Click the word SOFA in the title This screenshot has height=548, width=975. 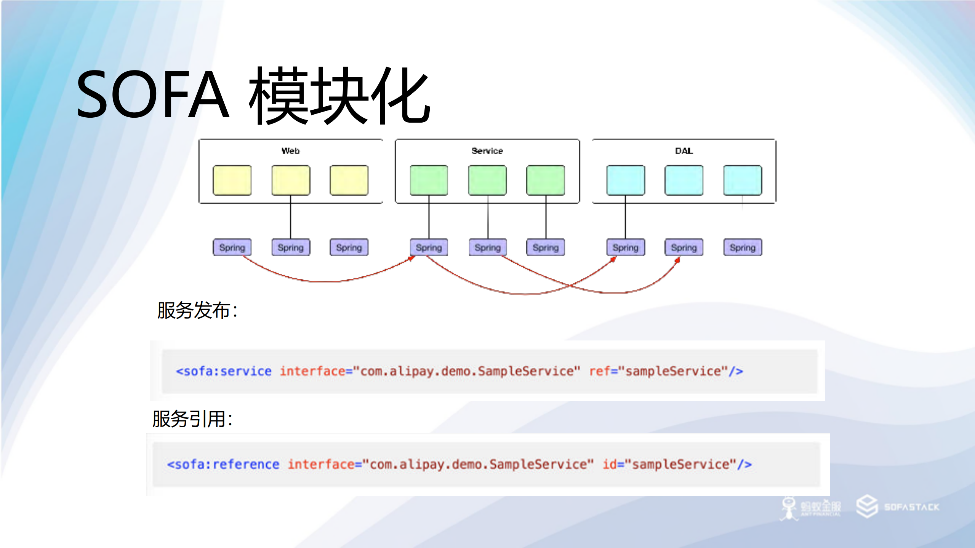coord(152,94)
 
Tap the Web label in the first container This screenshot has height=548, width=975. coord(290,151)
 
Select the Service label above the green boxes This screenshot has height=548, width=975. coord(487,151)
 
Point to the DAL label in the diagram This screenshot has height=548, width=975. coord(684,151)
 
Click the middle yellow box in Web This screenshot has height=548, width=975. coord(291,180)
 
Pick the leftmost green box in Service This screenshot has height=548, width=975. coord(429,180)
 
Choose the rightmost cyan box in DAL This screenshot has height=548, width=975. coord(743,180)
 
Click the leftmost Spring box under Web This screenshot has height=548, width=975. coord(232,248)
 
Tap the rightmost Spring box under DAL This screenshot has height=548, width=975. coord(743,248)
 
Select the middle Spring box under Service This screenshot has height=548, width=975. coord(487,248)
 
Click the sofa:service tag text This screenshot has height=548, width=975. coord(224,371)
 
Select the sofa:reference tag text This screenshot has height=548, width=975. coord(223,464)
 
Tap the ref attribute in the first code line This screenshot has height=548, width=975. coord(599,371)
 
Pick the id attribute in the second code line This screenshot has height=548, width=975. coord(610,464)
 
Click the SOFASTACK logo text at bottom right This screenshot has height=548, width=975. coord(911,507)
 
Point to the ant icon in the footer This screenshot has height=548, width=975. coord(789,508)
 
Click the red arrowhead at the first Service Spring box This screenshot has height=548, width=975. coord(411,259)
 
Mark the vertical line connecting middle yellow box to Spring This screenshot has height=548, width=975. coord(291,217)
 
